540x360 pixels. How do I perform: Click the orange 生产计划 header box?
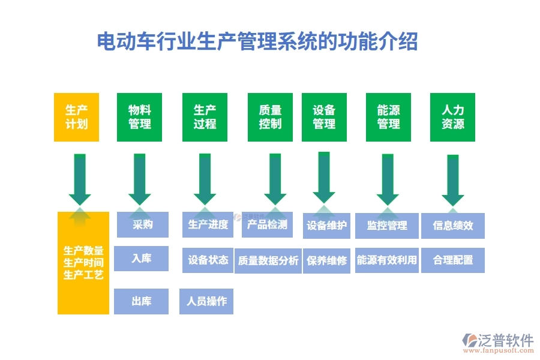(x=76, y=117)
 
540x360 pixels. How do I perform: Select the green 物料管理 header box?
(x=140, y=117)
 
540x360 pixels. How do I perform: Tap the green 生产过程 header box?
(x=205, y=117)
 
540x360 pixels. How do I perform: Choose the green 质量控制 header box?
(x=270, y=117)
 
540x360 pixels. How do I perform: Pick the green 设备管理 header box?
(x=324, y=117)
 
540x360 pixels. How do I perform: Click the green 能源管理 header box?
(x=388, y=117)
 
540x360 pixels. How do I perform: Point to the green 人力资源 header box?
(x=452, y=117)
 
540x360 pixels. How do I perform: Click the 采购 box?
(x=142, y=225)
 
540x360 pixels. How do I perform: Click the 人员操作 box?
(x=206, y=301)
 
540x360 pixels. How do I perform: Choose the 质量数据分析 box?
(x=268, y=260)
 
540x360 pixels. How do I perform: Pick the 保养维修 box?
(x=326, y=260)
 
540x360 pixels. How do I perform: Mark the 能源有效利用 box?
(x=386, y=260)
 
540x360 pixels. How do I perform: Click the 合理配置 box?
(x=453, y=260)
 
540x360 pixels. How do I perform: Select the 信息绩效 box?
(x=453, y=226)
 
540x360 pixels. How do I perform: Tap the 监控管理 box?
(x=386, y=226)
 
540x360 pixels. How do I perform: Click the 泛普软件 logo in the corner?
(x=498, y=343)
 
